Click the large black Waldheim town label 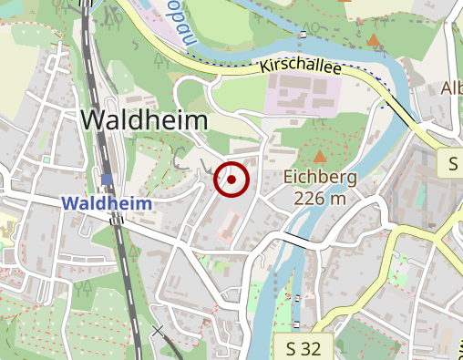pyautogui.click(x=145, y=120)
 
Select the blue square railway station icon pyautogui.click(x=108, y=180)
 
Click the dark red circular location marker pyautogui.click(x=231, y=180)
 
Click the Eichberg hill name pyautogui.click(x=320, y=177)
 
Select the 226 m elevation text pyautogui.click(x=320, y=198)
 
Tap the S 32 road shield pyautogui.click(x=304, y=347)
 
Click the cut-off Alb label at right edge pyautogui.click(x=451, y=88)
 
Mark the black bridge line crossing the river pyautogui.click(x=293, y=239)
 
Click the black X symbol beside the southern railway pyautogui.click(x=159, y=331)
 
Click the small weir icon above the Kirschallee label pyautogui.click(x=302, y=35)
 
